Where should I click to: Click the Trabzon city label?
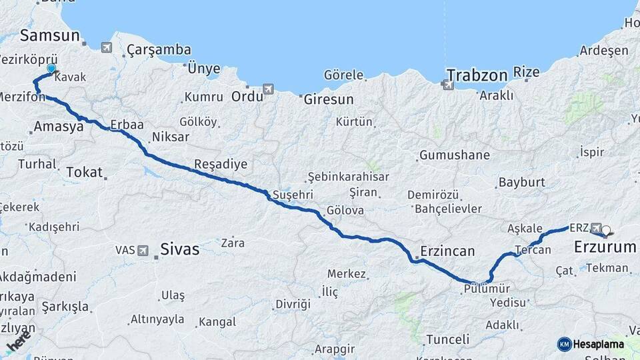point(477,75)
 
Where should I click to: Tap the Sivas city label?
point(179,249)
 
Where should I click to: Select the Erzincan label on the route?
point(447,251)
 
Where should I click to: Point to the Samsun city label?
point(50,35)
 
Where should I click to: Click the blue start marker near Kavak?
point(51,68)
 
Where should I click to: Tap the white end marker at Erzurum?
point(606,232)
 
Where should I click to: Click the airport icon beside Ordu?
point(268,88)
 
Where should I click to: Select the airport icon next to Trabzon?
point(445,84)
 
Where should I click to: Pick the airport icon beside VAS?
point(143,250)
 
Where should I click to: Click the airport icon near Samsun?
point(107,47)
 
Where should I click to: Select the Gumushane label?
point(454,155)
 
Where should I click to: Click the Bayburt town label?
point(521,182)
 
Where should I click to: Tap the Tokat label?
point(84,172)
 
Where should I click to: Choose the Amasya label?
point(58,126)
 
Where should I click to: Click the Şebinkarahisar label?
point(347,177)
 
